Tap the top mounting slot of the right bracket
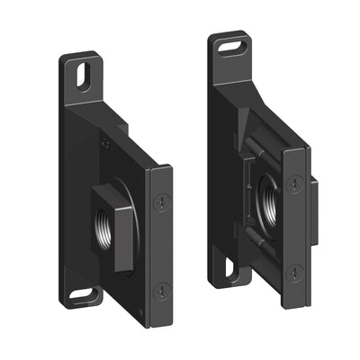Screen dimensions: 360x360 [233, 43]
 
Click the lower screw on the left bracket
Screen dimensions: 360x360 [161, 290]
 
